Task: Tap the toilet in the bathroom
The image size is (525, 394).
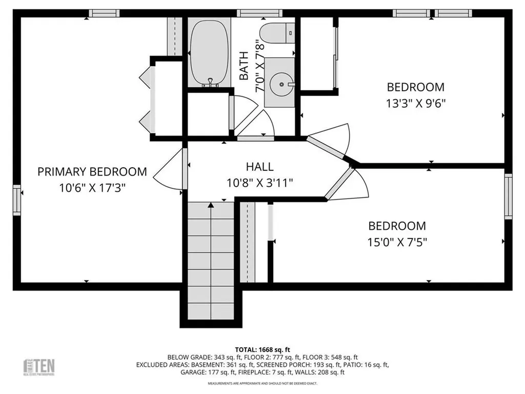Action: pyautogui.click(x=277, y=32)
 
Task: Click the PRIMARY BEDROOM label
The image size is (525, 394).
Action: pyautogui.click(x=92, y=172)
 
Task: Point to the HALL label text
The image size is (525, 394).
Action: pyautogui.click(x=259, y=167)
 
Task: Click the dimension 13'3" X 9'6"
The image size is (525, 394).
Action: pyautogui.click(x=416, y=103)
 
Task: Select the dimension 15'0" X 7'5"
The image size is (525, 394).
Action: pyautogui.click(x=397, y=242)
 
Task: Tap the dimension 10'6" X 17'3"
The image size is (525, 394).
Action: pyautogui.click(x=92, y=188)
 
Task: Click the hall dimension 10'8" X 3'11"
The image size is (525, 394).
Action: pyautogui.click(x=259, y=183)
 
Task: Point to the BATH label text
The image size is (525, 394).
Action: pyautogui.click(x=244, y=66)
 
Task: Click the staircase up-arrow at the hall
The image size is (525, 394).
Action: pyautogui.click(x=211, y=205)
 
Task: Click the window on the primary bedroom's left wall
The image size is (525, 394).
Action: pyautogui.click(x=17, y=199)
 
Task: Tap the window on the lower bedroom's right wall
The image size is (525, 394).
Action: pyautogui.click(x=508, y=196)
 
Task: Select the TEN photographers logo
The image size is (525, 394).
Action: pyautogui.click(x=39, y=366)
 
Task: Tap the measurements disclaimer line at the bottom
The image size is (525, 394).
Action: pyautogui.click(x=262, y=383)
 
